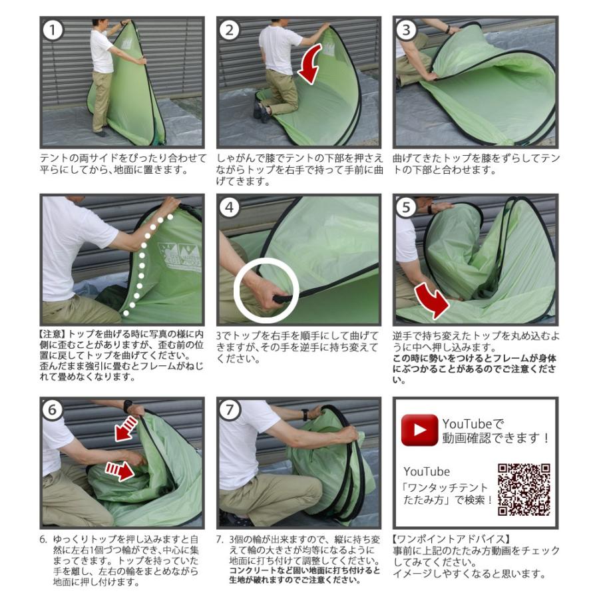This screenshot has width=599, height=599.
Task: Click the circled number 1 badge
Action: (x=53, y=30)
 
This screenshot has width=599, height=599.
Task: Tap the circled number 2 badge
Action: (x=229, y=30)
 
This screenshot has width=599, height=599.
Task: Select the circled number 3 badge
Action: (x=406, y=30)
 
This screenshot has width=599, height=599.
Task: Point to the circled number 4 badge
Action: (x=229, y=208)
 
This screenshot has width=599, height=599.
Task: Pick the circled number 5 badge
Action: (x=406, y=208)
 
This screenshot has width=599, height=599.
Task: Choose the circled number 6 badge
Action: (x=53, y=410)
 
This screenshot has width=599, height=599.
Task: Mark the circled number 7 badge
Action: (x=229, y=410)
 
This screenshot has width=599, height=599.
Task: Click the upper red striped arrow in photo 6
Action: (x=126, y=428)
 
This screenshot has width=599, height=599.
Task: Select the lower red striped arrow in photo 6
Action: (x=119, y=471)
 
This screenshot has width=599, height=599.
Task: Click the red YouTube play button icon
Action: (x=419, y=430)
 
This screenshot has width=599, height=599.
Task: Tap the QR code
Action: (x=524, y=490)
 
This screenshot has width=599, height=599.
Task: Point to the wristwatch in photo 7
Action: (x=305, y=414)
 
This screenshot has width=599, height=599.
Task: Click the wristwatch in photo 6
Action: (x=128, y=406)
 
